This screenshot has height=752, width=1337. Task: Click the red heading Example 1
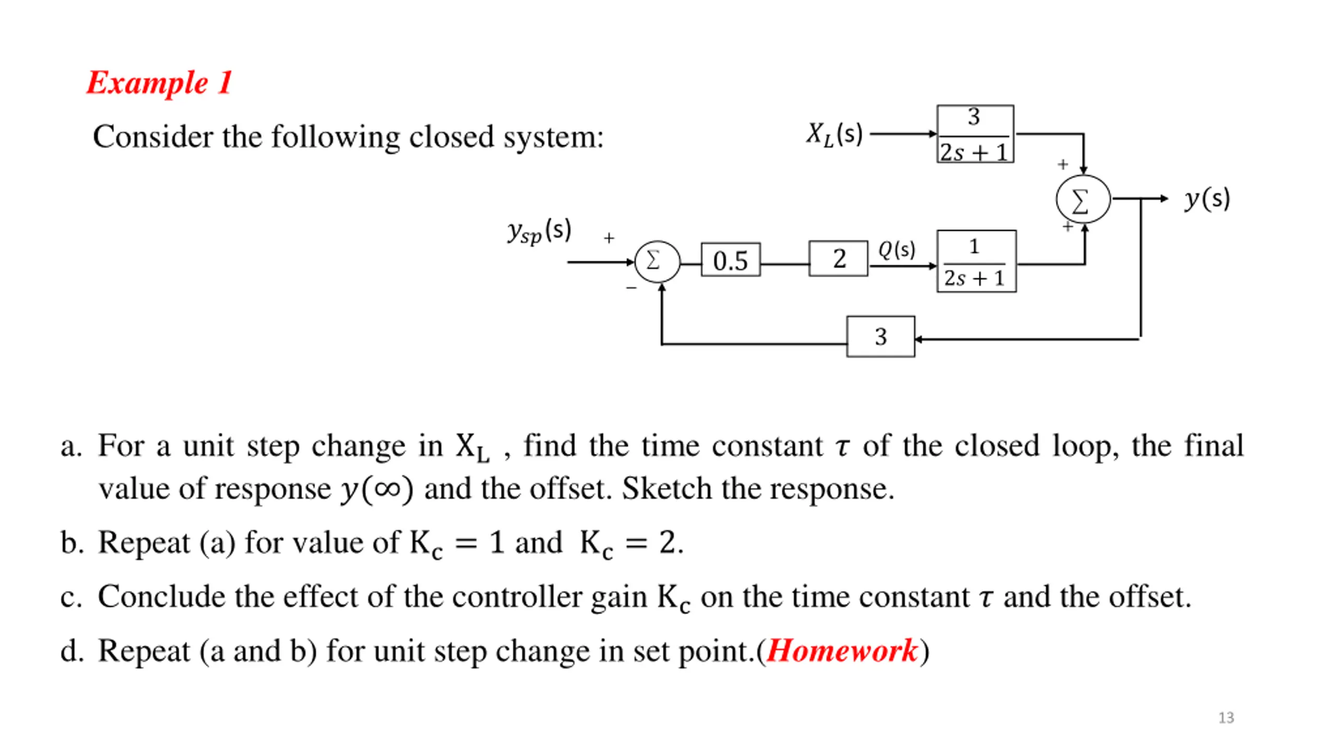(x=159, y=83)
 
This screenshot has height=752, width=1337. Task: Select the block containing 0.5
(x=730, y=260)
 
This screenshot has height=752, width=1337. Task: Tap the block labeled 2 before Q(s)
(x=838, y=258)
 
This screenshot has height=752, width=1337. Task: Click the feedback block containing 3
(x=881, y=336)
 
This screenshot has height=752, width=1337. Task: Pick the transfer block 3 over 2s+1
(x=975, y=134)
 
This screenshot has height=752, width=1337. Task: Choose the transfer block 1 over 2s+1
(x=977, y=261)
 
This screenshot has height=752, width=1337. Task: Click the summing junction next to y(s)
(x=1083, y=199)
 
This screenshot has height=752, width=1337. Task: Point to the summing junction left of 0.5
(x=658, y=262)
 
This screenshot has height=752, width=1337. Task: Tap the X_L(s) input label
(x=834, y=135)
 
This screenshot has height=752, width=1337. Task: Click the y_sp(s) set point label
(x=540, y=231)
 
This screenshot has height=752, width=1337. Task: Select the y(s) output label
(x=1207, y=199)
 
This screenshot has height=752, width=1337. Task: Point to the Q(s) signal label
(x=897, y=250)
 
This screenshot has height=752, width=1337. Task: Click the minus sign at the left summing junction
(x=631, y=288)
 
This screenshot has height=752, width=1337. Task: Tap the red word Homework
(x=842, y=651)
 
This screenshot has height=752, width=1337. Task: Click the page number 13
(x=1226, y=718)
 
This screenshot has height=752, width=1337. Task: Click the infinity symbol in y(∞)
(x=387, y=489)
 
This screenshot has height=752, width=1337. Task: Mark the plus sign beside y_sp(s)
(x=609, y=238)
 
